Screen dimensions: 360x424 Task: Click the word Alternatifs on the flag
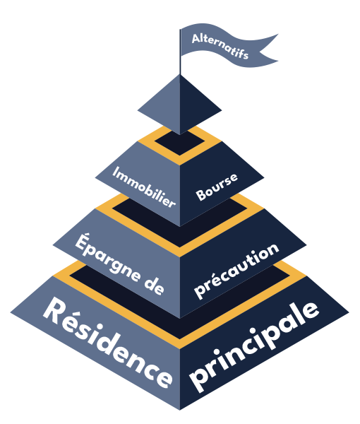(220, 46)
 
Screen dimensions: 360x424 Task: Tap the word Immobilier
(144, 187)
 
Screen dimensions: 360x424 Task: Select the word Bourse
(217, 187)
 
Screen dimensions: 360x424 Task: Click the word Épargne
(108, 257)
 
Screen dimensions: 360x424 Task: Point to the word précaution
(236, 271)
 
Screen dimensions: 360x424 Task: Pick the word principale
(254, 347)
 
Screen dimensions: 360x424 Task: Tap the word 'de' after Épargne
(154, 285)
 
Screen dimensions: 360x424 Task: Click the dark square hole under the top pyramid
(179, 143)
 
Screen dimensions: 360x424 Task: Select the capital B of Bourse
(201, 195)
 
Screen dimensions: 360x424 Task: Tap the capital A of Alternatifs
(196, 38)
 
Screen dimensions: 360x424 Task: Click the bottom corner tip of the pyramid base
(180, 410)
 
